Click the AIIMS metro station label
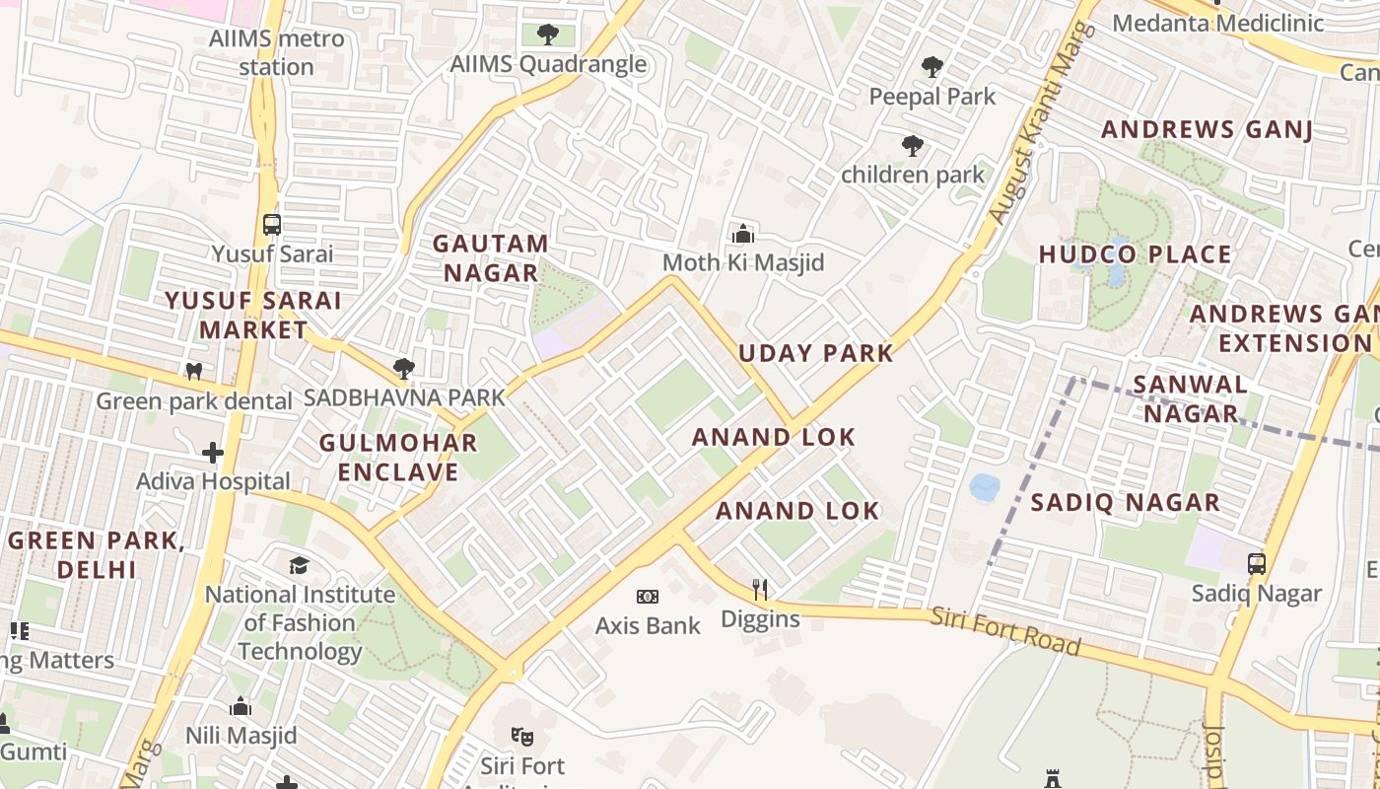[276, 53]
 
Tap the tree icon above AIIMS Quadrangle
[548, 36]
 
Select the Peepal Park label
[932, 97]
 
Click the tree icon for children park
[913, 147]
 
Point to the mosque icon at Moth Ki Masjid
[743, 234]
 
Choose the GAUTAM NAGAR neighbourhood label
[490, 258]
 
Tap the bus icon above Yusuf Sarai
[272, 225]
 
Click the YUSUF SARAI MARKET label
[253, 315]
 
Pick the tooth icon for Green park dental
[194, 372]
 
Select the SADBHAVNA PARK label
[404, 397]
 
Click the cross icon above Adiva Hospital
[213, 453]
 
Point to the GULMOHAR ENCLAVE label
[398, 457]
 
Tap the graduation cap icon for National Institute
[299, 565]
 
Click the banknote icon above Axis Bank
[648, 597]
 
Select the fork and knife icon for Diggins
[760, 591]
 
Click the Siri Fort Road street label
[1005, 631]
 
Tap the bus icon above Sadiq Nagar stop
[1256, 564]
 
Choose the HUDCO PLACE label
[1136, 254]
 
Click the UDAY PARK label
[816, 353]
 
